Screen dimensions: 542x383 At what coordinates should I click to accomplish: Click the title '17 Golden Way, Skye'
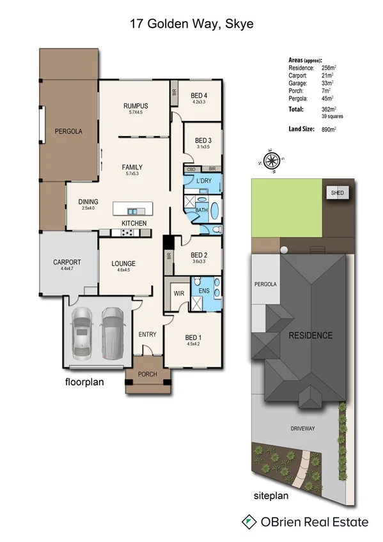[191, 25]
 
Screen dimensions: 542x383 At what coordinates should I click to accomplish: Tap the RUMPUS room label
[136, 106]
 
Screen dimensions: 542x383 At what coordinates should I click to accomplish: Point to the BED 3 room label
[203, 141]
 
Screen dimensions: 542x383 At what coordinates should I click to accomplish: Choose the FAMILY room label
[132, 167]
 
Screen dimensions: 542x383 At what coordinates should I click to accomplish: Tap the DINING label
[89, 202]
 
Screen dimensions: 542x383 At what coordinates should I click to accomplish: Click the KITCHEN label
[134, 223]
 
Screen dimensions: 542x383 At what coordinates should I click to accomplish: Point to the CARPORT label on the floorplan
[67, 263]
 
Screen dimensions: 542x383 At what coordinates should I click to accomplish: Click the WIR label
[179, 293]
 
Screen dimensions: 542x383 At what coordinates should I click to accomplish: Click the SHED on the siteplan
[336, 193]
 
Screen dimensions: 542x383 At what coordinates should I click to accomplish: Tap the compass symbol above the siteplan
[272, 160]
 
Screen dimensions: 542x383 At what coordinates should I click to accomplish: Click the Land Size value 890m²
[329, 129]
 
